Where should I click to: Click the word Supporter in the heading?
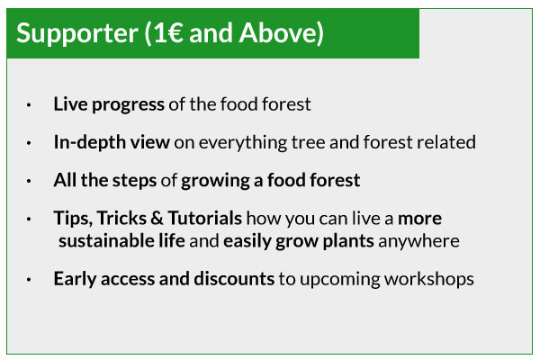pyautogui.click(x=77, y=34)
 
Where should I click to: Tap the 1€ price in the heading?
pyautogui.click(x=168, y=32)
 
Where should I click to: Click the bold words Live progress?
pyautogui.click(x=109, y=104)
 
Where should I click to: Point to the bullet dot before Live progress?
pyautogui.click(x=29, y=104)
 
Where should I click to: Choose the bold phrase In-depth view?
pyautogui.click(x=112, y=142)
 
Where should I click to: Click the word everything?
pyautogui.click(x=242, y=142)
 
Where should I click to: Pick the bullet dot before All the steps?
pyautogui.click(x=29, y=181)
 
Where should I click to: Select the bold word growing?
pyautogui.click(x=215, y=181)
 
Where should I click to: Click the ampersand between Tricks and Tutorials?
pyautogui.click(x=157, y=219)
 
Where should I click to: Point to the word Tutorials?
pyautogui.click(x=205, y=218)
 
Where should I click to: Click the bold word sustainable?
pyautogui.click(x=106, y=241)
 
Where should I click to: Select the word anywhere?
pyautogui.click(x=418, y=241)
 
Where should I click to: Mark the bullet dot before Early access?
pyautogui.click(x=29, y=279)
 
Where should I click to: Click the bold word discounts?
pyautogui.click(x=234, y=279)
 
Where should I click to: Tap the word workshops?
pyautogui.click(x=429, y=279)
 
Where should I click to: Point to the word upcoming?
pyautogui.click(x=340, y=279)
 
